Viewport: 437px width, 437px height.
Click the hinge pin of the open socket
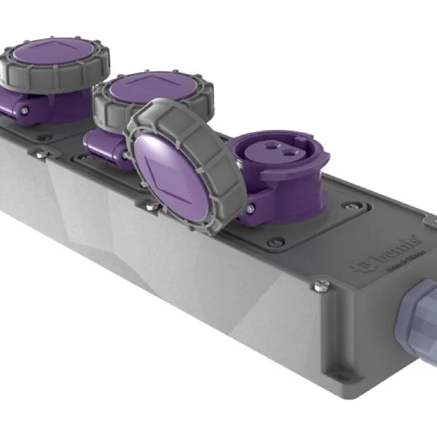pos(249,209)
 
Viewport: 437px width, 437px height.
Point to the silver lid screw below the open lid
pos(150,207)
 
